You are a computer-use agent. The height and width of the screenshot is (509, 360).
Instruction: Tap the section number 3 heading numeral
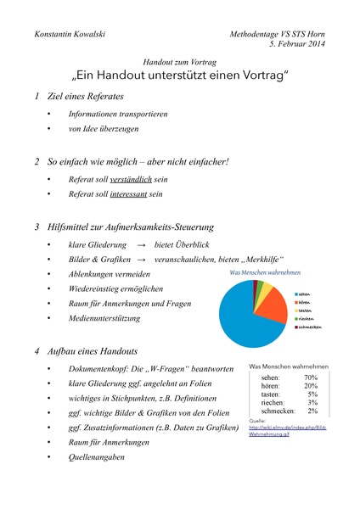pyautogui.click(x=37, y=227)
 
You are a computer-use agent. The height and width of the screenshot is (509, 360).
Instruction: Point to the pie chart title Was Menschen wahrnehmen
pyautogui.click(x=266, y=273)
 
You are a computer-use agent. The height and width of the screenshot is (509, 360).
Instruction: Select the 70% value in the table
pyautogui.click(x=310, y=378)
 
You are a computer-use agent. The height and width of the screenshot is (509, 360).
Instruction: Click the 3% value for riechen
pyautogui.click(x=312, y=403)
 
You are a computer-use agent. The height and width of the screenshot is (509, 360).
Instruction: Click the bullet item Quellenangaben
pyautogui.click(x=96, y=457)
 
